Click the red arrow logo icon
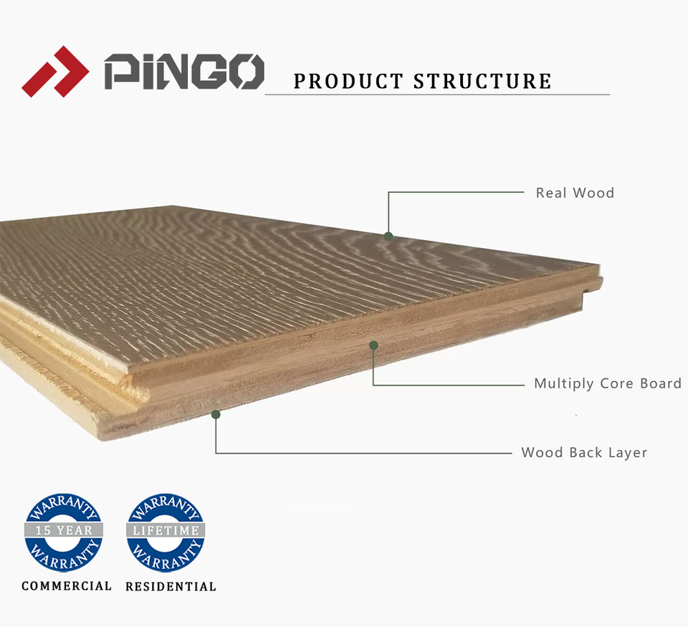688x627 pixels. (54, 72)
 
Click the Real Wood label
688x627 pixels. (575, 193)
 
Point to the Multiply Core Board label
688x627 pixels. (607, 383)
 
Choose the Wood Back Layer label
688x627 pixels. (584, 453)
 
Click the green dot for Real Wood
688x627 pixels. (388, 236)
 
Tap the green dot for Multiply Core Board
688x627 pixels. (373, 345)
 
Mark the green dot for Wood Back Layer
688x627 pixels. (216, 414)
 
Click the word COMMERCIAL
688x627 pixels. (67, 586)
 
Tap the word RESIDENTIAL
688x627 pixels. (171, 587)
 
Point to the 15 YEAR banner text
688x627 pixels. (64, 531)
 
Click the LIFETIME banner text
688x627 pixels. (166, 531)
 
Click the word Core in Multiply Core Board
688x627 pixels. (617, 383)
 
